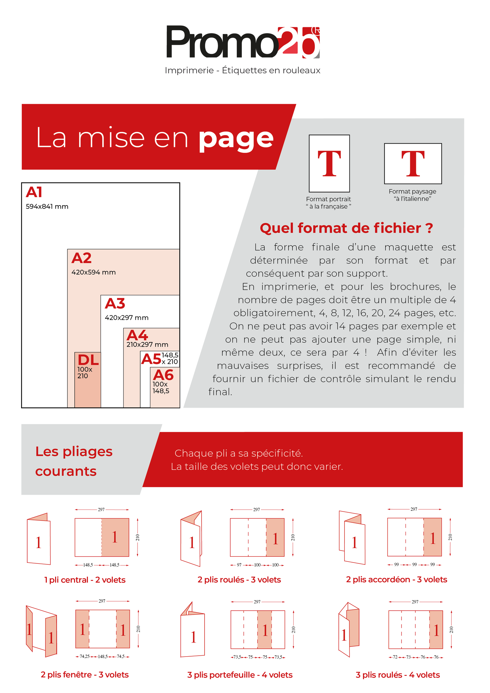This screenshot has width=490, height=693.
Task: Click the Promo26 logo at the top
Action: point(243,42)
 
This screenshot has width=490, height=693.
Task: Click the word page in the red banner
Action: point(236,139)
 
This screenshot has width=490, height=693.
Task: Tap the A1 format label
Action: point(34,192)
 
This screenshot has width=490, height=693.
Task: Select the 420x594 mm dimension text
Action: point(93,272)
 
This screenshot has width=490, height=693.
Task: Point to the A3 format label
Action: point(115,303)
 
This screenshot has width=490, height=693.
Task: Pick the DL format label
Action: point(88,360)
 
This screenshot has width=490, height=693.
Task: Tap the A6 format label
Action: point(163,375)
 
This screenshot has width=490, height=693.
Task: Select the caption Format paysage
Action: point(412,191)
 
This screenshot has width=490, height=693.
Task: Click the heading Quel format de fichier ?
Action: point(346,228)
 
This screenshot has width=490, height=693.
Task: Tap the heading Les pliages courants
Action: point(74,461)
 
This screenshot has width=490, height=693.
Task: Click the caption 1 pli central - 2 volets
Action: point(85,580)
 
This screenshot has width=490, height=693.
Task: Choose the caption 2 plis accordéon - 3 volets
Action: point(396,579)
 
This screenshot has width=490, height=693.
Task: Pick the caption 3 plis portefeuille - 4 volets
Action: point(240,675)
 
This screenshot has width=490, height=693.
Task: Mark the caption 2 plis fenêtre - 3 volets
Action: point(85,674)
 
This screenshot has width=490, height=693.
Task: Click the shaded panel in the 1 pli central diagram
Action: point(115,537)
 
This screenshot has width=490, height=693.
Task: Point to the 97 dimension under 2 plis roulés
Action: point(239,565)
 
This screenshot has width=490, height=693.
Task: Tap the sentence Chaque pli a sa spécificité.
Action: point(239,453)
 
